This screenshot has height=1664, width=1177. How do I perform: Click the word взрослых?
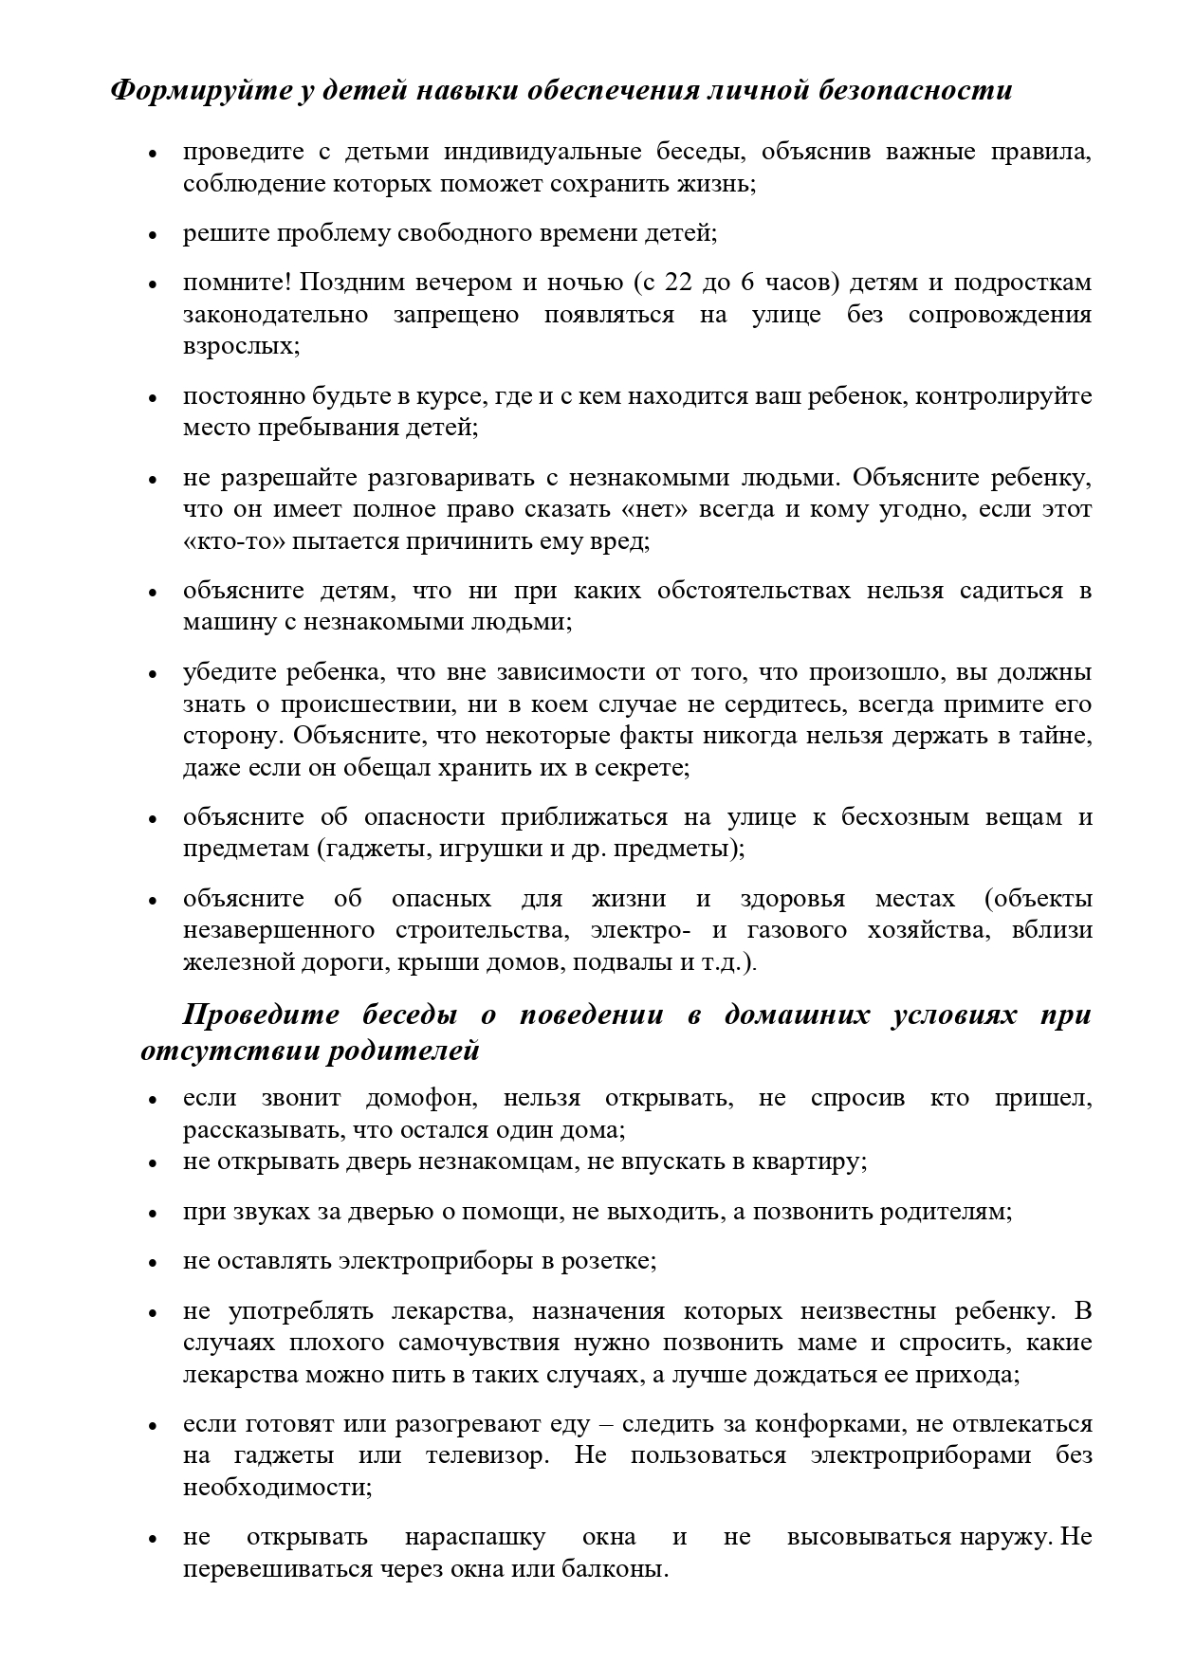click(239, 346)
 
